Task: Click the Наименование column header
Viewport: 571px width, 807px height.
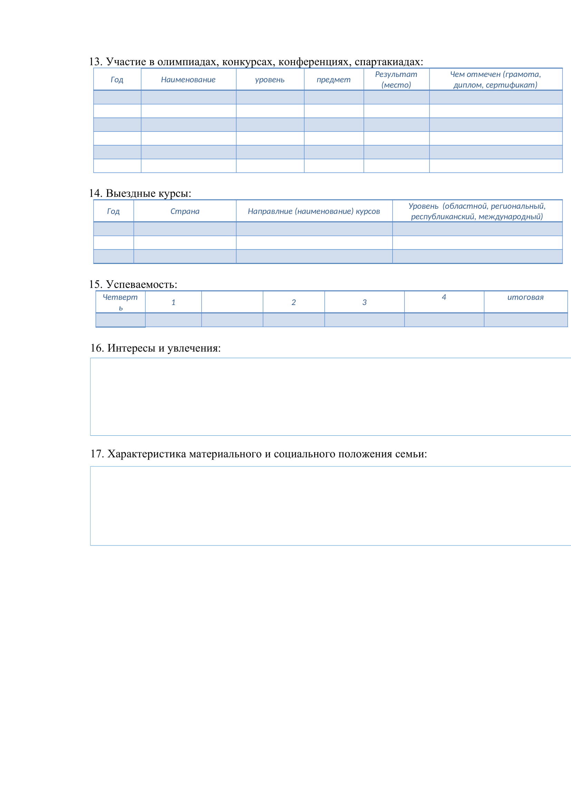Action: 188,80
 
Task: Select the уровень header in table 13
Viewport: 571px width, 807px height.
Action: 270,80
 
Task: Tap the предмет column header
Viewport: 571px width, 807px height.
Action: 333,80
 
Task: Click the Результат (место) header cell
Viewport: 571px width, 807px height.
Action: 396,79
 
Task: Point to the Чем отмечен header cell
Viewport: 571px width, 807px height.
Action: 495,79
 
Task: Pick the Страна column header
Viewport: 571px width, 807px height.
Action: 185,211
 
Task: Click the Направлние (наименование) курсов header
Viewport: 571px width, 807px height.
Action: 313,211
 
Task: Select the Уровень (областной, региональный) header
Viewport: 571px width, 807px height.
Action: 477,211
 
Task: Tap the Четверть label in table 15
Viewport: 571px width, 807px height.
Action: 120,302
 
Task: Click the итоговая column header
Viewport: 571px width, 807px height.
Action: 525,297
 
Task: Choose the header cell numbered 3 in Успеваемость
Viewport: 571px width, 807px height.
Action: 364,302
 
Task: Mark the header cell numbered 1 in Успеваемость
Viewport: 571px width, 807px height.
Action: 173,302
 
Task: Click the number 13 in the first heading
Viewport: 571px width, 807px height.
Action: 95,62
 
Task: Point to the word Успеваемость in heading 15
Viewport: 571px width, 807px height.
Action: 141,284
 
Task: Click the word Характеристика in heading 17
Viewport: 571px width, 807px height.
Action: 147,454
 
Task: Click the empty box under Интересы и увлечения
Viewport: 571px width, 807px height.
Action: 330,397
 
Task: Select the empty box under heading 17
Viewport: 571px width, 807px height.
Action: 330,506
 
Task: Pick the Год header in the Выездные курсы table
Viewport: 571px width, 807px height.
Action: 113,211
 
